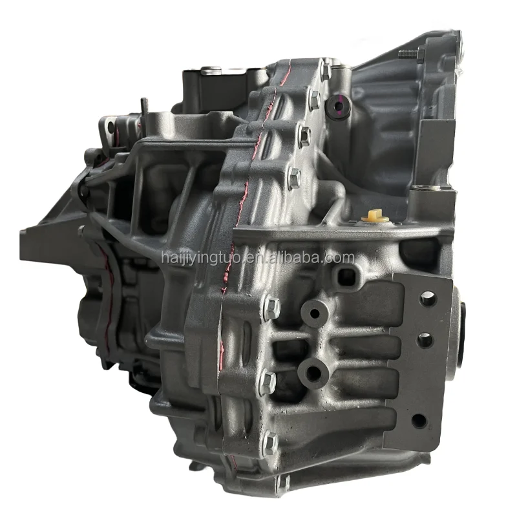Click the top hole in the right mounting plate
pos(427,298)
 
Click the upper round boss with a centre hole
pos(315,313)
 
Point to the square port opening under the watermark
pos(346,277)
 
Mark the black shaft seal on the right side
pos(461,336)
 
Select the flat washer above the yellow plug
pos(421,188)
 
